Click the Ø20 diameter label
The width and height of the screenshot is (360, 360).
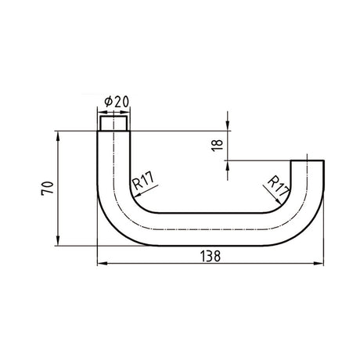pyautogui.click(x=117, y=102)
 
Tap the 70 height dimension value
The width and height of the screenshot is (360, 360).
pyautogui.click(x=48, y=188)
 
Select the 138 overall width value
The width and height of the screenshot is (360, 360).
pyautogui.click(x=211, y=256)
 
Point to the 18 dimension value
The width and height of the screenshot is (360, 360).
pyautogui.click(x=218, y=146)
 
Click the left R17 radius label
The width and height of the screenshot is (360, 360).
pyautogui.click(x=143, y=181)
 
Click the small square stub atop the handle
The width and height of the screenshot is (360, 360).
pyautogui.click(x=114, y=124)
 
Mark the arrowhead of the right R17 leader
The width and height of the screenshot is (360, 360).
pyautogui.click(x=279, y=201)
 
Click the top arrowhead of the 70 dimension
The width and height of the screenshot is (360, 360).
pyautogui.click(x=58, y=136)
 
